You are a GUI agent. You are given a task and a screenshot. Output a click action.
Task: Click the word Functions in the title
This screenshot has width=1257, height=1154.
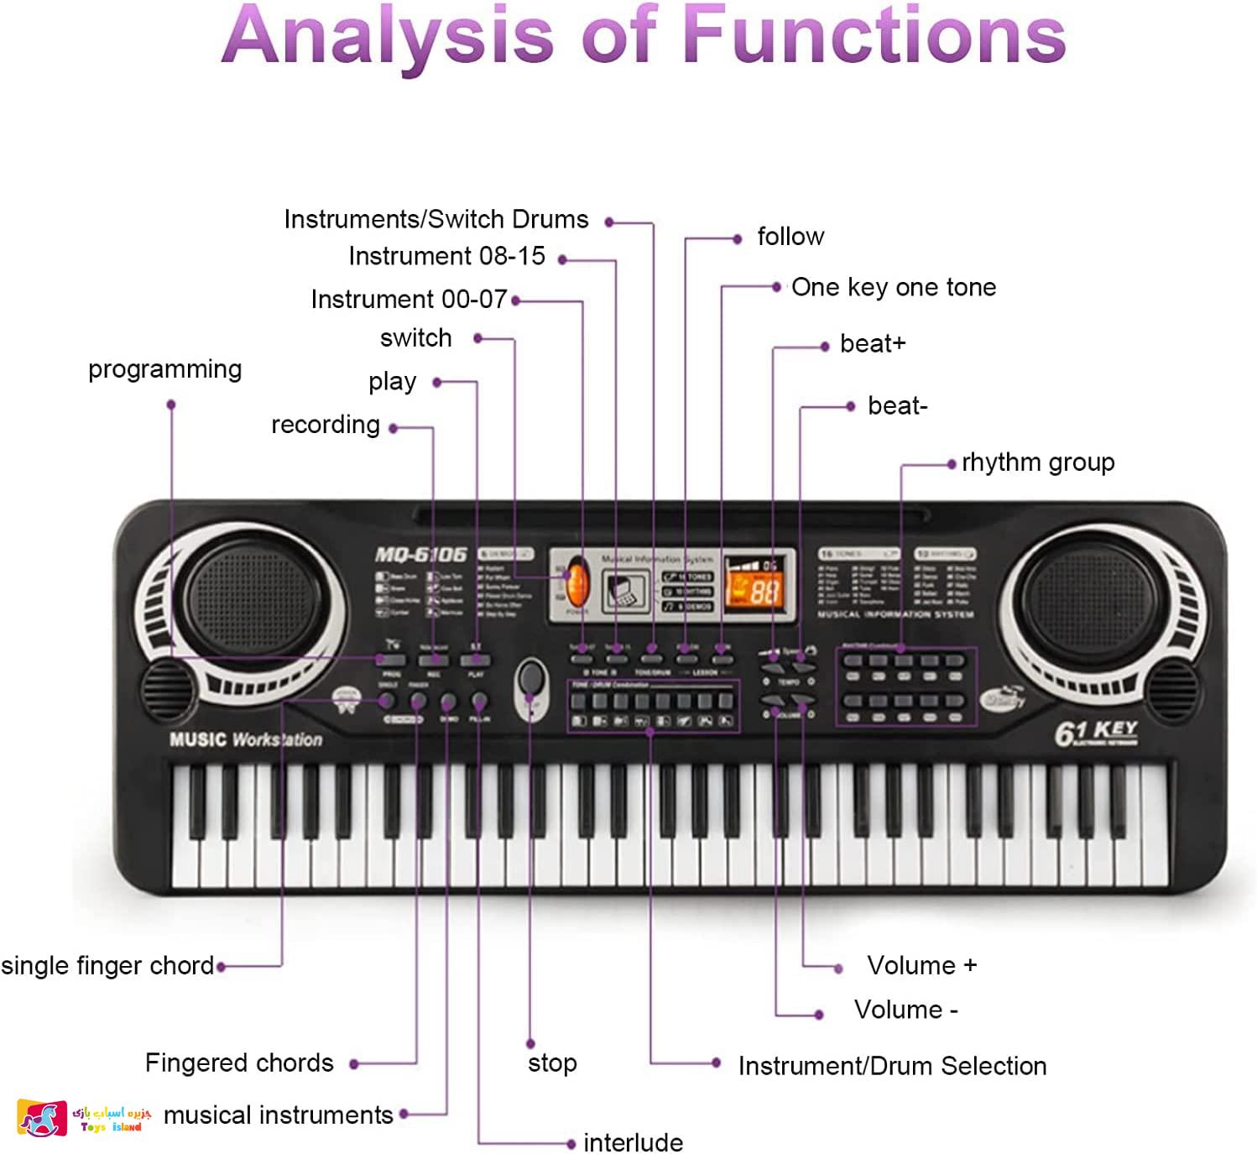[873, 35]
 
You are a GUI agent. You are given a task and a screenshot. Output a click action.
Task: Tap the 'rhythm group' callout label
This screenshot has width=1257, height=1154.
[1038, 462]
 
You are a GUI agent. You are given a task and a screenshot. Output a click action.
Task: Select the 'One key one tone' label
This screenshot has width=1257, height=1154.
[893, 288]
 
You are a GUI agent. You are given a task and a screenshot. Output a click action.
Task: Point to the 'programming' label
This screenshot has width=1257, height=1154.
[164, 369]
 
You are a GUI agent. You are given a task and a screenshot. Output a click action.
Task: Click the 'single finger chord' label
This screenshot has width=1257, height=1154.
[107, 966]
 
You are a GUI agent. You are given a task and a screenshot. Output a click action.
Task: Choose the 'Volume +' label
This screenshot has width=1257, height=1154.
[921, 965]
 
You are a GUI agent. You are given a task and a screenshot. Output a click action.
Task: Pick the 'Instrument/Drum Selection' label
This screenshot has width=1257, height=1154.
[892, 1066]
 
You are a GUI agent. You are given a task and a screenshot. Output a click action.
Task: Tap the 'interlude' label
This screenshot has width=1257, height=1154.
[633, 1142]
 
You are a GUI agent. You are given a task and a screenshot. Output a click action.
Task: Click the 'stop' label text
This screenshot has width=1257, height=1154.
[552, 1063]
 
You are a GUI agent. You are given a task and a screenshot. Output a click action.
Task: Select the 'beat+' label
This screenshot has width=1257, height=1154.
[873, 344]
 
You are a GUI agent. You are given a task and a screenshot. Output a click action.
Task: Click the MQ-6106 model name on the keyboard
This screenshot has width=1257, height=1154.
[420, 555]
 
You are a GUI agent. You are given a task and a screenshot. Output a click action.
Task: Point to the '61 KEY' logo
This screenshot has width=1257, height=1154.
[1096, 733]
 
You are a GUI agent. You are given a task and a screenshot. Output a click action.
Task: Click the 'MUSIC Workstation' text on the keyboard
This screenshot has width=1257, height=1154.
[245, 739]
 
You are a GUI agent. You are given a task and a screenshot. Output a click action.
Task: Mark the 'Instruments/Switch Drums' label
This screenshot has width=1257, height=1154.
[436, 220]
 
